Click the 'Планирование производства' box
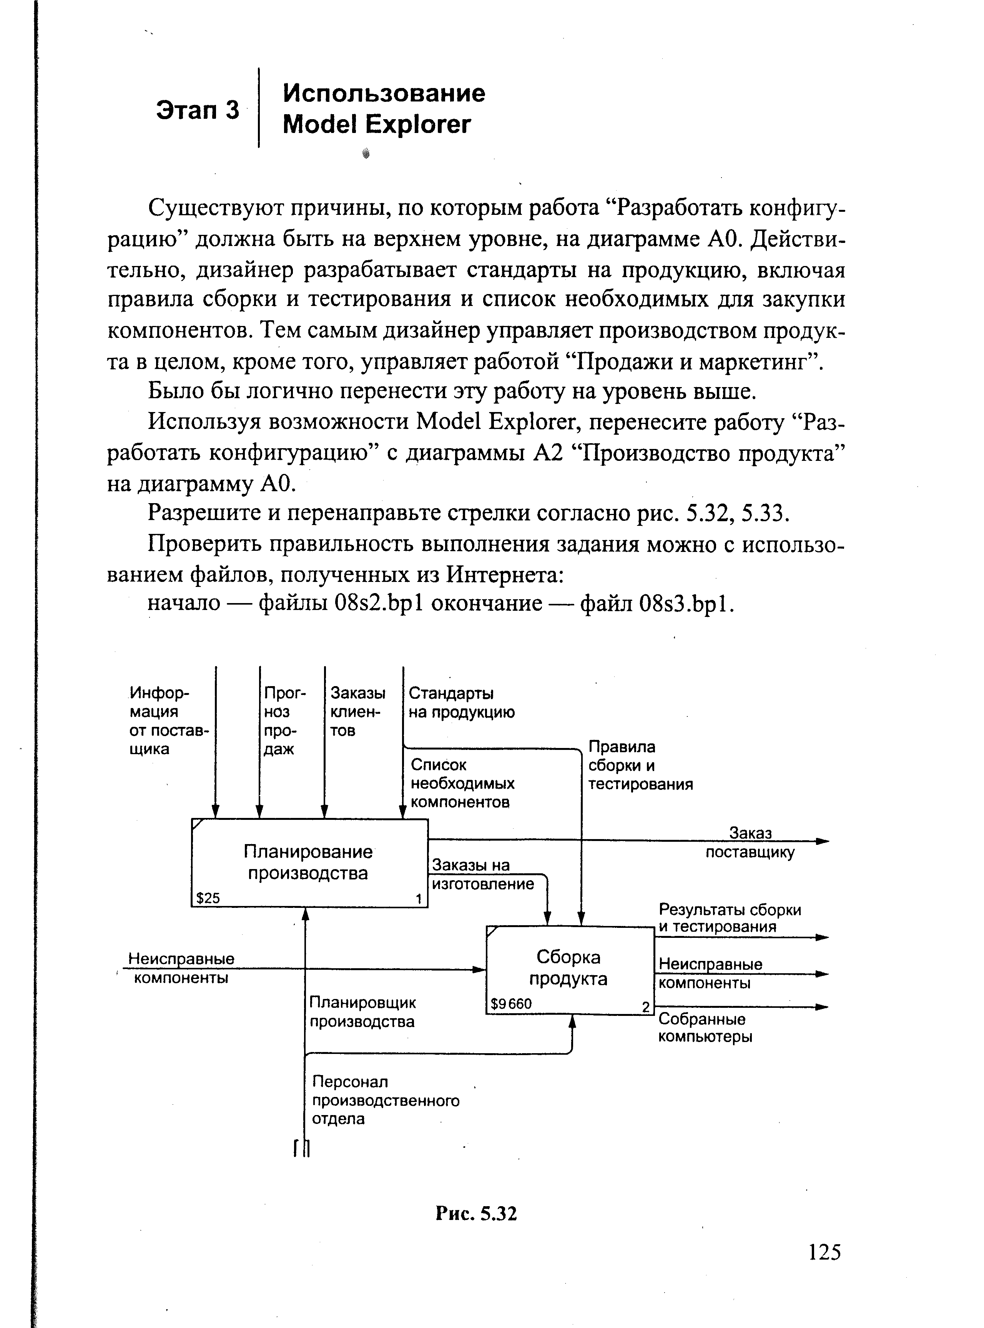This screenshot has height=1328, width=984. click(309, 863)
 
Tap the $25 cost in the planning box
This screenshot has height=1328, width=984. click(208, 898)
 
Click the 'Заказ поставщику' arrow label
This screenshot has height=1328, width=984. click(750, 843)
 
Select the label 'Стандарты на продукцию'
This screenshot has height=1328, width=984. click(461, 703)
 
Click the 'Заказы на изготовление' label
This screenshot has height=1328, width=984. click(482, 874)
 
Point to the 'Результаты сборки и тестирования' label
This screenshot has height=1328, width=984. click(730, 918)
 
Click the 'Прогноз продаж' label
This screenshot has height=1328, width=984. click(284, 721)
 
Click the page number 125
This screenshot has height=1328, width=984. click(824, 1252)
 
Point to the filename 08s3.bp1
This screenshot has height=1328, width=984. click(685, 604)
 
